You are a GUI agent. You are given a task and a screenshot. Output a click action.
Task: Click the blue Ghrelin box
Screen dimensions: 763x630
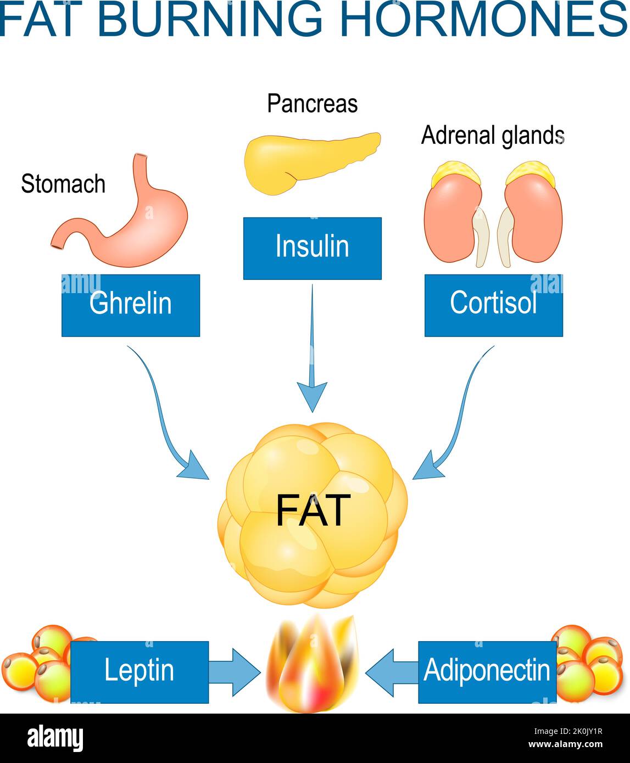(130, 305)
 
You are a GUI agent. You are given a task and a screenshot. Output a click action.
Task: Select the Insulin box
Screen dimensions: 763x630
(312, 248)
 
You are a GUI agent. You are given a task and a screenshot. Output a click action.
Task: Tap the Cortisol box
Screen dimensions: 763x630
(493, 305)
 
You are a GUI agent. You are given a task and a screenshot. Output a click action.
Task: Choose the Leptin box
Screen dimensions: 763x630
(140, 672)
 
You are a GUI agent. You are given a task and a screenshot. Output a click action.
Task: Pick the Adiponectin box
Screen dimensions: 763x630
(487, 672)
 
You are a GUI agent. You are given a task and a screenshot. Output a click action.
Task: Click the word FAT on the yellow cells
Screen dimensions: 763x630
(313, 510)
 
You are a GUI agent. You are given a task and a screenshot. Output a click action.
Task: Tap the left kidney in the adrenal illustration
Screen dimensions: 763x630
(451, 220)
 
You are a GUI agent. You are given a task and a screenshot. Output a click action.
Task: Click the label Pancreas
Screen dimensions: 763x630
(312, 104)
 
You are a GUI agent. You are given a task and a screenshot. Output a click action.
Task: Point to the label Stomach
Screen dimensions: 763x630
(63, 184)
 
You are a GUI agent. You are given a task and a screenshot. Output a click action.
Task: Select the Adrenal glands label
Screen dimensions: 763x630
(492, 136)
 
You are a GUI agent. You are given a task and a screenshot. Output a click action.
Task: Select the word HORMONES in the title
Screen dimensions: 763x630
(483, 19)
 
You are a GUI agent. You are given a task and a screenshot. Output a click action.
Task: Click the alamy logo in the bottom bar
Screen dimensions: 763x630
(55, 738)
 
